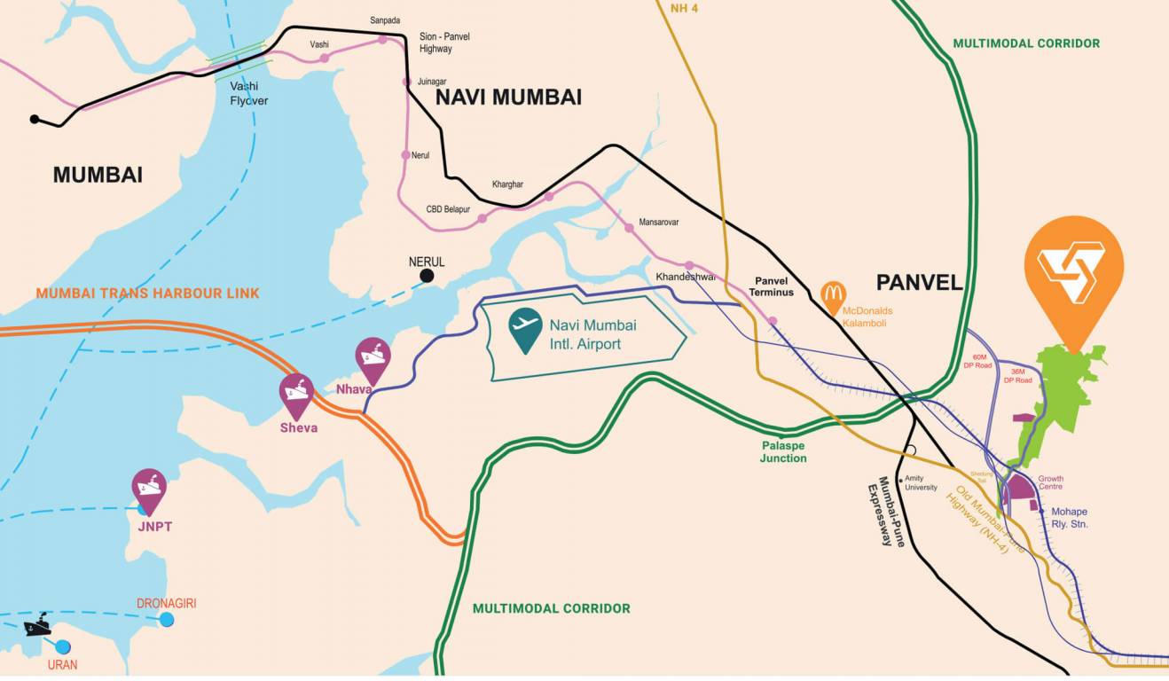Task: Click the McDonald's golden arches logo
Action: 832,294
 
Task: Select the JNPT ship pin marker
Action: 149,489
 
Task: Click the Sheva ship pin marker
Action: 296,393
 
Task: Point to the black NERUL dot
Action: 427,277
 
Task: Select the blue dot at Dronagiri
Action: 167,620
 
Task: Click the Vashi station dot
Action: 325,58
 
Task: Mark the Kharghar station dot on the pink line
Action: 549,197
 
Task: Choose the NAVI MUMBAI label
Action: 508,98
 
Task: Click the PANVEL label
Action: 919,283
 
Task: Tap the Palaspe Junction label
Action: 783,452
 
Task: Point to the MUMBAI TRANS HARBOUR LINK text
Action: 148,293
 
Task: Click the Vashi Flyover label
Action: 248,94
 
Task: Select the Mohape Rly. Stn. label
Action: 1069,518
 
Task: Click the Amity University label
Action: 921,482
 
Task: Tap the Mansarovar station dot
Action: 629,228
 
